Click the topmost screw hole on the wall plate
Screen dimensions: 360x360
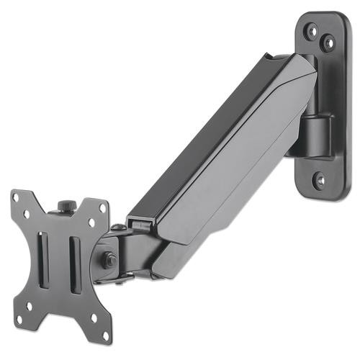point(312,31)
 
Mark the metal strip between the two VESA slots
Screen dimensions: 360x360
point(62,257)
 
